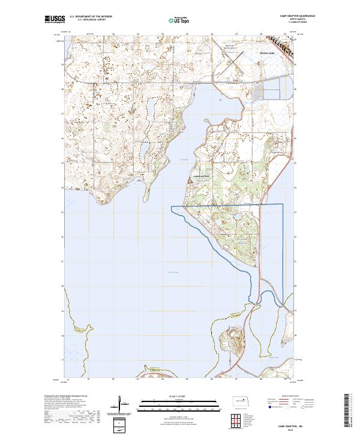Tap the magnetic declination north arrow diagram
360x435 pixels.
(121, 403)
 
